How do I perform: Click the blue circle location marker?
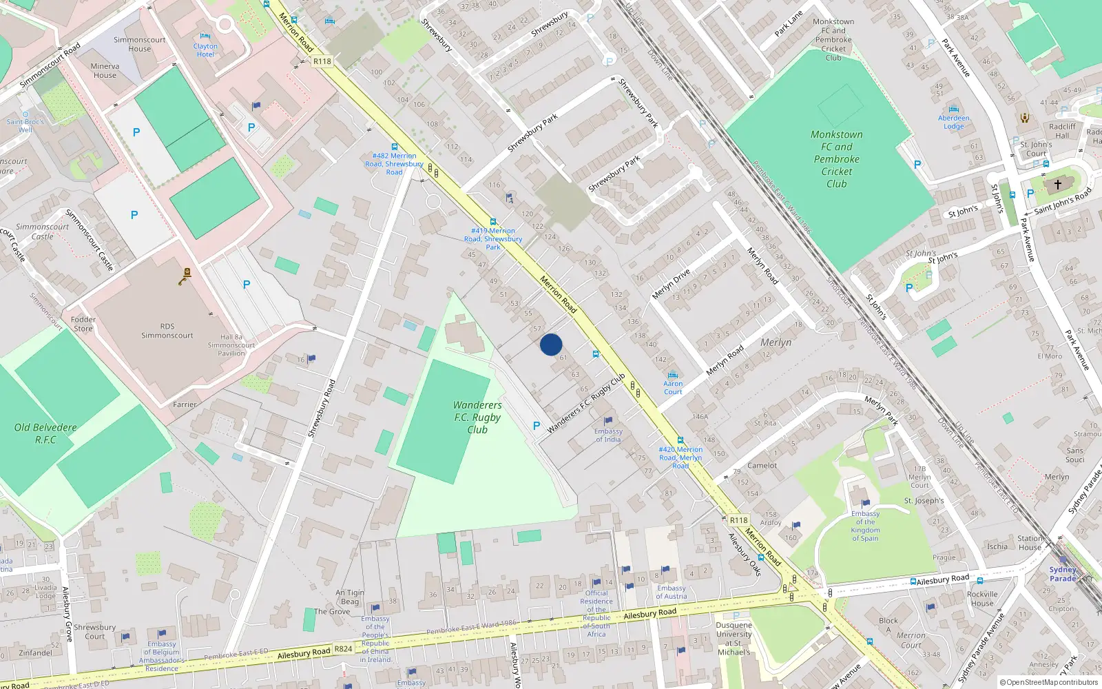551,344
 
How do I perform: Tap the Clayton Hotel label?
205,50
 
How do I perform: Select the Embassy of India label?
608,435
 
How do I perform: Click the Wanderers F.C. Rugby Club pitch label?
477,418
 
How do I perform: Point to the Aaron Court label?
673,388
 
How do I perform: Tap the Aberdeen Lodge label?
954,122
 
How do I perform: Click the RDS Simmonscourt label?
167,331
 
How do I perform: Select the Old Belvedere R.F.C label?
45,433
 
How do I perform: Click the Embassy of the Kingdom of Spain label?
865,526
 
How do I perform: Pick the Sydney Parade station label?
1063,574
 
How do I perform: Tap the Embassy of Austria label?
671,593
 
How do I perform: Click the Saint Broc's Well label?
25,125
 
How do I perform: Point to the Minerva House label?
105,71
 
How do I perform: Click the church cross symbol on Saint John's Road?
1058,185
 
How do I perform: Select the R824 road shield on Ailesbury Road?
343,649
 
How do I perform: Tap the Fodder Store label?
83,324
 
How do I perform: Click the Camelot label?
762,466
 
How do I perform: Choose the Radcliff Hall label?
1062,131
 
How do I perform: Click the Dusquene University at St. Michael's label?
734,639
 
